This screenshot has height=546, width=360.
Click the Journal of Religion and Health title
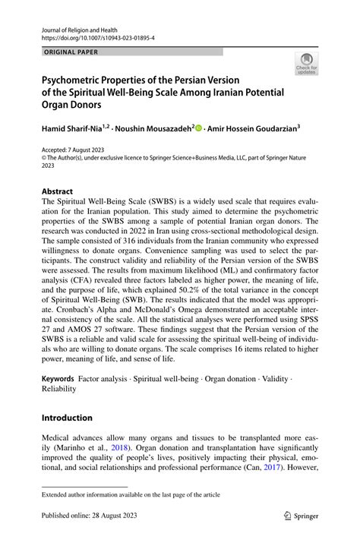77,26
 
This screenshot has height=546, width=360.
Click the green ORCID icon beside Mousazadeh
199,128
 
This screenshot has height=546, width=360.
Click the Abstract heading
57,191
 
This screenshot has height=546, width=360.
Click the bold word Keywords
58,377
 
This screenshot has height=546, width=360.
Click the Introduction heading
67,418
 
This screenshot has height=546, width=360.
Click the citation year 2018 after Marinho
123,448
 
